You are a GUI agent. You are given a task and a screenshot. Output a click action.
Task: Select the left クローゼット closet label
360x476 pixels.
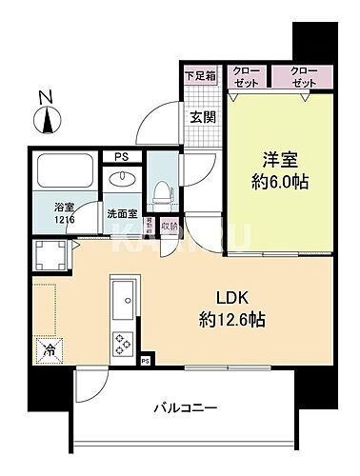(x=245, y=77)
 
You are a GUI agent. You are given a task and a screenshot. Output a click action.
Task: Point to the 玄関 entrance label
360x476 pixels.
(x=201, y=117)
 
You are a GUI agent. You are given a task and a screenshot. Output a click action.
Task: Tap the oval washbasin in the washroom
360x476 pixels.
(x=123, y=179)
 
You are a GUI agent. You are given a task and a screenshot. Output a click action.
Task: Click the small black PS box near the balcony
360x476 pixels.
(x=145, y=360)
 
